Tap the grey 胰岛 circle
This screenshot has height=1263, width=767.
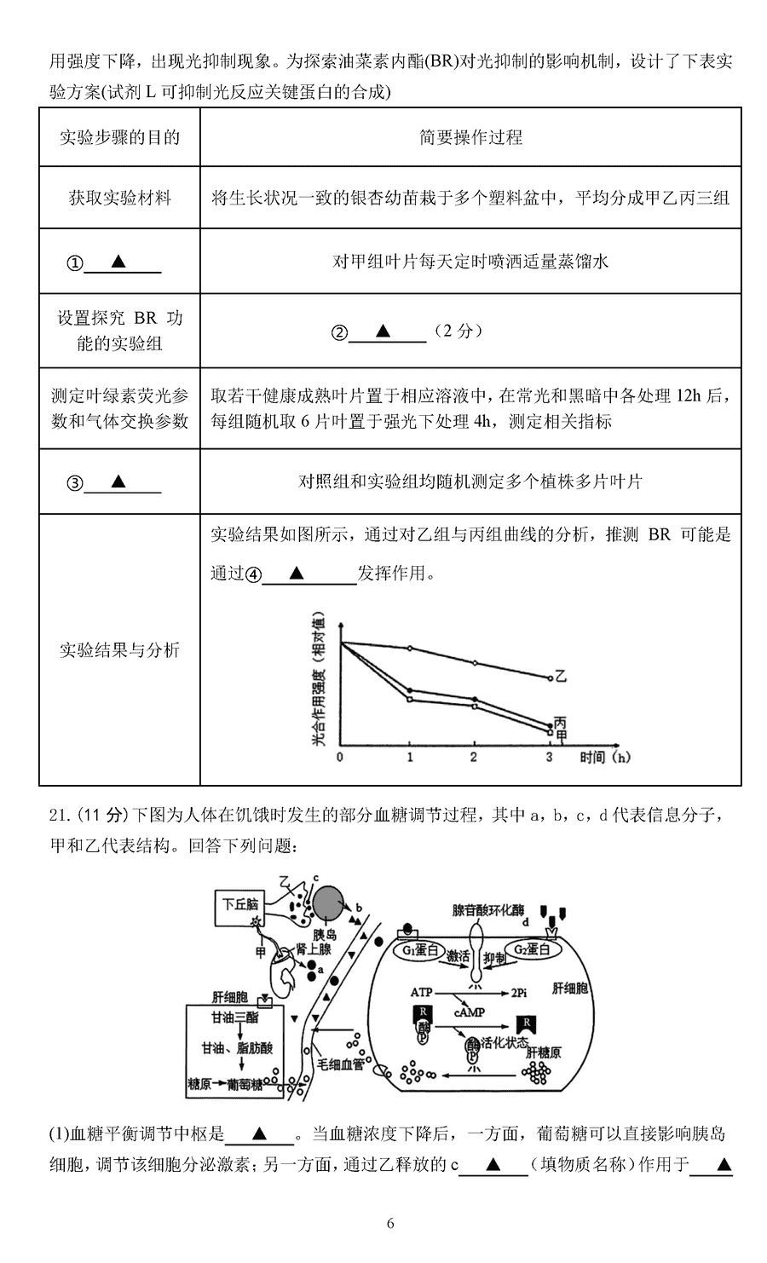330,903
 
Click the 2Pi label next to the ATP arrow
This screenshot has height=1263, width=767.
521,993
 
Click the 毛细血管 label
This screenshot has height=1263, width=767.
341,1064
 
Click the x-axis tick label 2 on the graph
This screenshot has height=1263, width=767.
474,757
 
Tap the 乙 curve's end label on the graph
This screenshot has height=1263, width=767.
561,678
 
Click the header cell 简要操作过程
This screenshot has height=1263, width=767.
470,136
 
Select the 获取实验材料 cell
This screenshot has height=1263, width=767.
119,198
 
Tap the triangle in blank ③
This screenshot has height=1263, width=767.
118,481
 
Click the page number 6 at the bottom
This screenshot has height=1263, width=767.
389,1223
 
